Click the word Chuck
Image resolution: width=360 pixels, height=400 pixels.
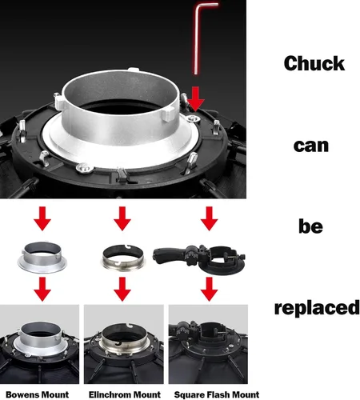tap(314, 63)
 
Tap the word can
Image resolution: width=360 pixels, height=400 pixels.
tap(311, 146)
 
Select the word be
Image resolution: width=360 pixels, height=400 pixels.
tap(310, 226)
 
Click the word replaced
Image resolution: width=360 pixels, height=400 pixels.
tap(317, 308)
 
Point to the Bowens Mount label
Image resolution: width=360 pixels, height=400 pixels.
tap(38, 394)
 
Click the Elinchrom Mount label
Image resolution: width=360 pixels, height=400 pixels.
tap(125, 394)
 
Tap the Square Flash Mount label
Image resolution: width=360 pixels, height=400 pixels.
tap(217, 394)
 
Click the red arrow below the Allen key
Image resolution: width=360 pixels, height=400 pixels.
tap(196, 98)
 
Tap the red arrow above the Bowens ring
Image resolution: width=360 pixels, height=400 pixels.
tap(42, 218)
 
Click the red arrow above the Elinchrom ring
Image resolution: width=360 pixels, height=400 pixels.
tap(122, 218)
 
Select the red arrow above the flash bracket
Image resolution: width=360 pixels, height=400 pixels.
tap(210, 218)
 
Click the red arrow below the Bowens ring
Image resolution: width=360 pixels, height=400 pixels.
tap(42, 289)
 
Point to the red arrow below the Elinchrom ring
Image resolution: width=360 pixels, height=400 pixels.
tap(122, 289)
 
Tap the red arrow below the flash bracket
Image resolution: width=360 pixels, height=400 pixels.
tap(210, 289)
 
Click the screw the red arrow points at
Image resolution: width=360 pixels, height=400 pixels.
tap(194, 118)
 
